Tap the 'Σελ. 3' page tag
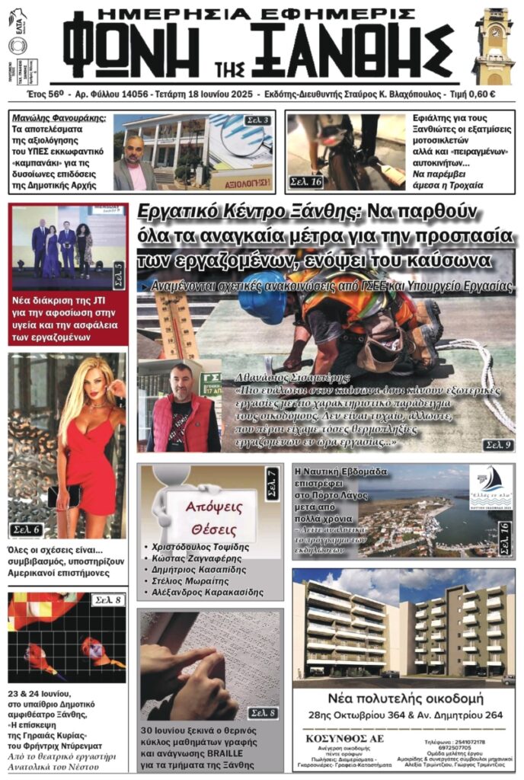click(x=257, y=121)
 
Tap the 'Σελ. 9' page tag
click(x=497, y=444)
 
